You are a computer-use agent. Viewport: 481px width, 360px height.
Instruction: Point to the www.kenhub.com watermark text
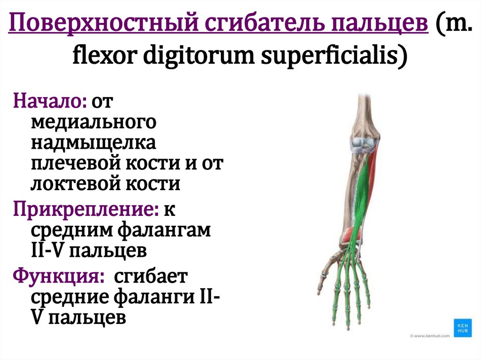[429, 336]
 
